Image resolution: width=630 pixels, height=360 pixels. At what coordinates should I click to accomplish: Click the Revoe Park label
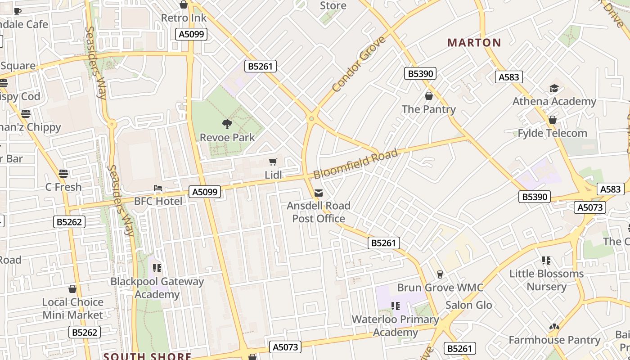pyautogui.click(x=227, y=137)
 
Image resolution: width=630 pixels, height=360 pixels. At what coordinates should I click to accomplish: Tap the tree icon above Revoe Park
pyautogui.click(x=227, y=124)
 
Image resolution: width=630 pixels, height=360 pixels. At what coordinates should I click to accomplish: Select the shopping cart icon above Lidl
pyautogui.click(x=273, y=162)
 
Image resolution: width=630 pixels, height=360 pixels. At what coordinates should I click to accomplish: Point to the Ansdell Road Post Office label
pyautogui.click(x=319, y=212)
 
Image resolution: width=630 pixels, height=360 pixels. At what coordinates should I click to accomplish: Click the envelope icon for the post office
pyautogui.click(x=319, y=193)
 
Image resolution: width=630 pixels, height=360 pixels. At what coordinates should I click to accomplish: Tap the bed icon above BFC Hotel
pyautogui.click(x=158, y=188)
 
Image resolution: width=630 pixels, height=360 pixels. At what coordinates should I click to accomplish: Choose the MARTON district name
pyautogui.click(x=474, y=43)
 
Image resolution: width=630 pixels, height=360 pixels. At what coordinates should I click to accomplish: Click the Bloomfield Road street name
pyautogui.click(x=355, y=164)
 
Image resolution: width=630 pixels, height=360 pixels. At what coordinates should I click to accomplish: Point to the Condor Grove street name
pyautogui.click(x=359, y=64)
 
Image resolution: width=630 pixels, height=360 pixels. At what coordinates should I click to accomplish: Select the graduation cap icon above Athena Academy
pyautogui.click(x=554, y=89)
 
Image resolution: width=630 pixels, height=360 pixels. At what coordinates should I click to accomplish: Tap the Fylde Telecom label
pyautogui.click(x=552, y=133)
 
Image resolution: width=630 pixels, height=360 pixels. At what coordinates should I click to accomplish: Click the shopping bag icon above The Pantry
pyautogui.click(x=429, y=96)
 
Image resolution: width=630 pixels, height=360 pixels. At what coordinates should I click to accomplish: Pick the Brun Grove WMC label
pyautogui.click(x=440, y=288)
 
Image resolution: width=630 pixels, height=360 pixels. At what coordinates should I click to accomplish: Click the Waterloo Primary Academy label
pyautogui.click(x=395, y=326)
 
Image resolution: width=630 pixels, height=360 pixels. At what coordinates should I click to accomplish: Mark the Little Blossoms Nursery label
pyautogui.click(x=546, y=280)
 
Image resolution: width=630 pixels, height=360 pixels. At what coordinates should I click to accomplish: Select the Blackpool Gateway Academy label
pyautogui.click(x=157, y=288)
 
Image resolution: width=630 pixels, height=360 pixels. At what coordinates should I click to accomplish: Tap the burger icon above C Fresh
pyautogui.click(x=63, y=174)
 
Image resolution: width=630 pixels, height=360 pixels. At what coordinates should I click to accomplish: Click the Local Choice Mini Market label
pyautogui.click(x=72, y=308)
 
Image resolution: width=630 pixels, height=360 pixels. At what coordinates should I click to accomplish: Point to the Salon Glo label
pyautogui.click(x=468, y=305)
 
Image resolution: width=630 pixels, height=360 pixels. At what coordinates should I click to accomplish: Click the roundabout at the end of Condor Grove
pyautogui.click(x=311, y=119)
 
